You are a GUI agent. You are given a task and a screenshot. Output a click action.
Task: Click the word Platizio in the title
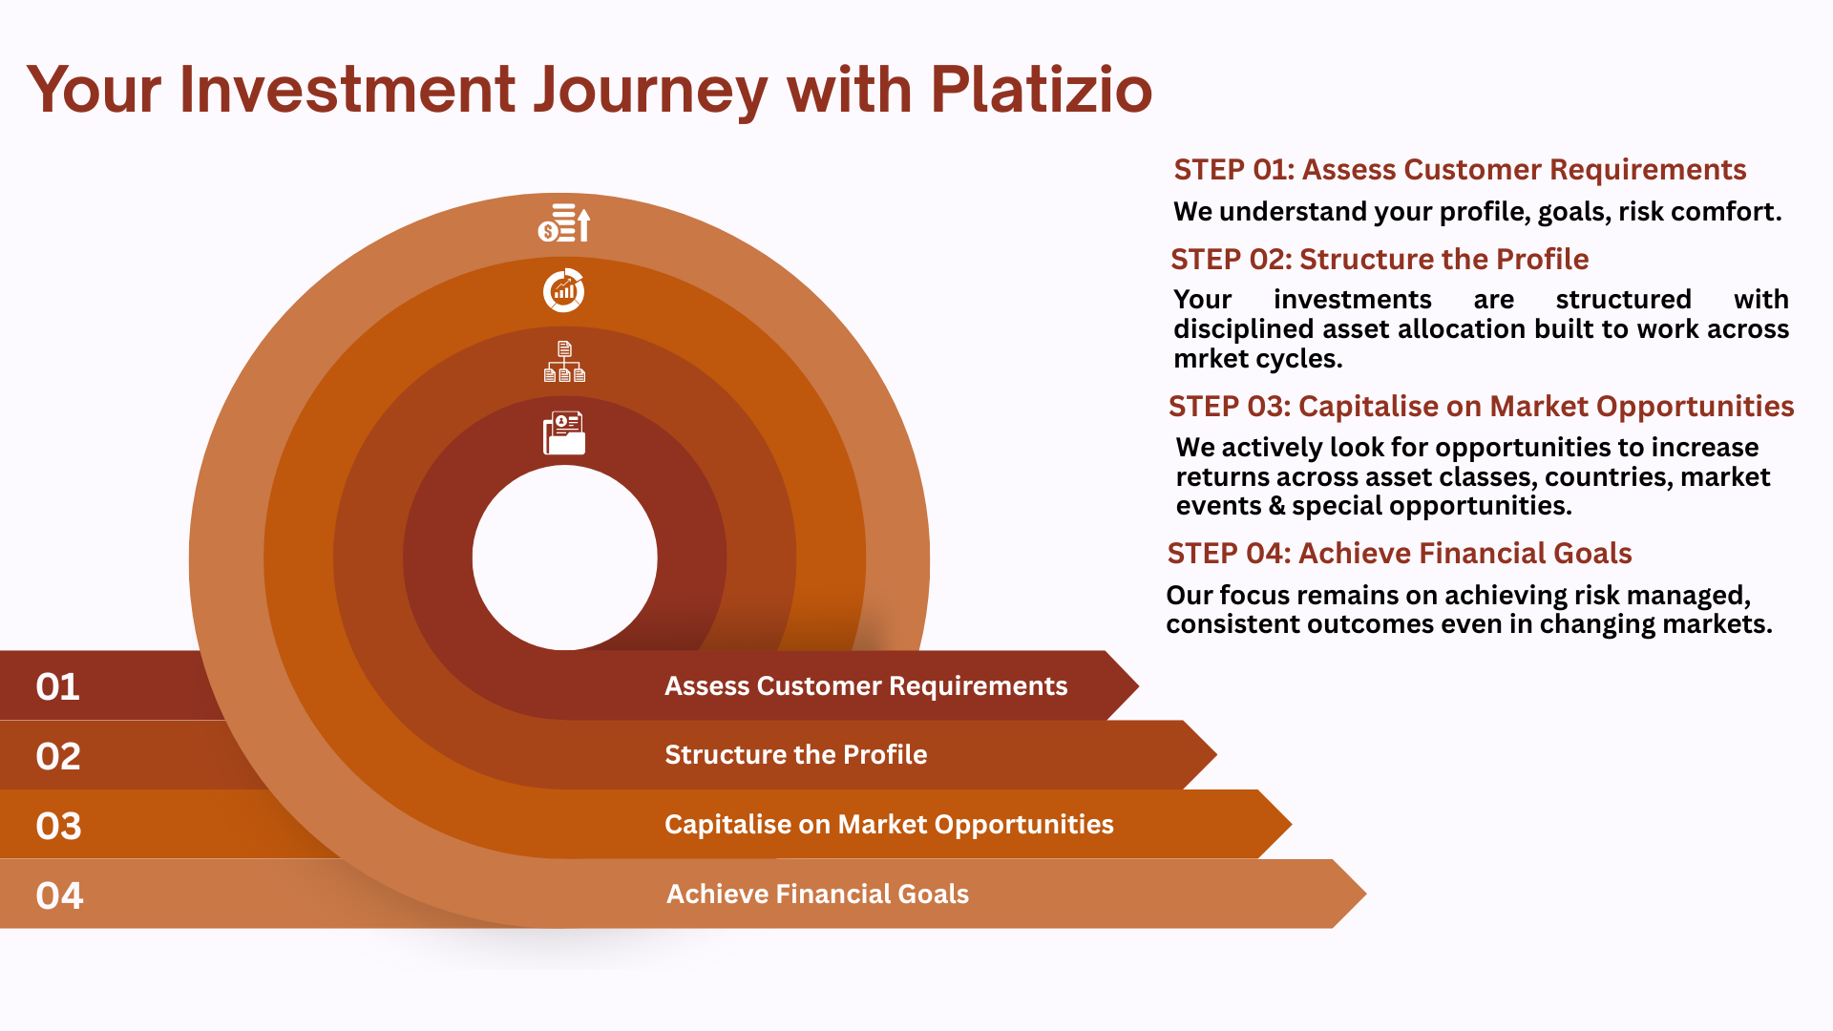tap(1041, 90)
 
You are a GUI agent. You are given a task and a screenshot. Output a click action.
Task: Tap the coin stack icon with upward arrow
tap(564, 223)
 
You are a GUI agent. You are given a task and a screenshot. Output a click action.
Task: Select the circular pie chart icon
tap(564, 290)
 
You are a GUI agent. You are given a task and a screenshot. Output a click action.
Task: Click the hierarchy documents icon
tap(564, 362)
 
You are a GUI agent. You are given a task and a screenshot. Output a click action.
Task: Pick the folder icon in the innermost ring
tap(564, 433)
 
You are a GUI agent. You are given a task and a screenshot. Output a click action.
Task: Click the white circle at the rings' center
tap(564, 558)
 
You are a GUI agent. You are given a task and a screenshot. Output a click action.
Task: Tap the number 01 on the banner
tap(58, 687)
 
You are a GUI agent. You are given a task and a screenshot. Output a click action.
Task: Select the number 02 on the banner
tap(58, 757)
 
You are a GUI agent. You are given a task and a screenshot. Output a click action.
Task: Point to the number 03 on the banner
tap(58, 827)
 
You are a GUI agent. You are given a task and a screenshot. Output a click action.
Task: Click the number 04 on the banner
tap(59, 896)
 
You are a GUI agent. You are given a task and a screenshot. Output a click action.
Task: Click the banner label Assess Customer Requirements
tap(866, 686)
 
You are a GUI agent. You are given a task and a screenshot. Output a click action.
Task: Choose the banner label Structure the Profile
tap(795, 755)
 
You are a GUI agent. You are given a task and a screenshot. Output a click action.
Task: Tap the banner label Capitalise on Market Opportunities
tap(889, 825)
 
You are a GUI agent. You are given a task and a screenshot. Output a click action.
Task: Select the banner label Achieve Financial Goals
tap(817, 894)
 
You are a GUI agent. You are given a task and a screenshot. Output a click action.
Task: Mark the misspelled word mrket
tap(1208, 359)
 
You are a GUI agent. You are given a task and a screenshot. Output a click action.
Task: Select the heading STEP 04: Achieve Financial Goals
tap(1399, 554)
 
